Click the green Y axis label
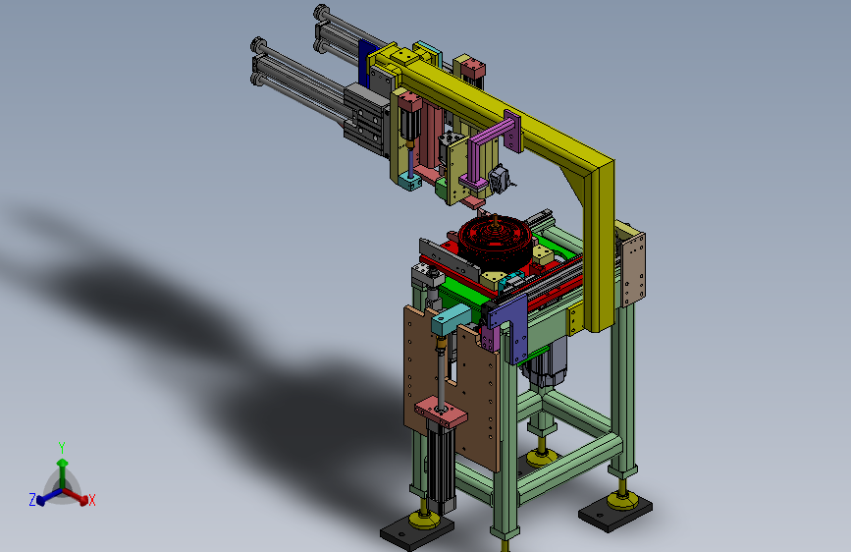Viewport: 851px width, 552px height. pyautogui.click(x=62, y=447)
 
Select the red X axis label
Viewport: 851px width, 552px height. pyautogui.click(x=91, y=500)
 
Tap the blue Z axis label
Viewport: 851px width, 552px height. pyautogui.click(x=32, y=499)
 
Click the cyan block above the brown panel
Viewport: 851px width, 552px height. pyautogui.click(x=451, y=319)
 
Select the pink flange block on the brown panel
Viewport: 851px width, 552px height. pyautogui.click(x=441, y=411)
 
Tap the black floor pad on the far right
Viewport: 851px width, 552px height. pyautogui.click(x=614, y=512)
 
